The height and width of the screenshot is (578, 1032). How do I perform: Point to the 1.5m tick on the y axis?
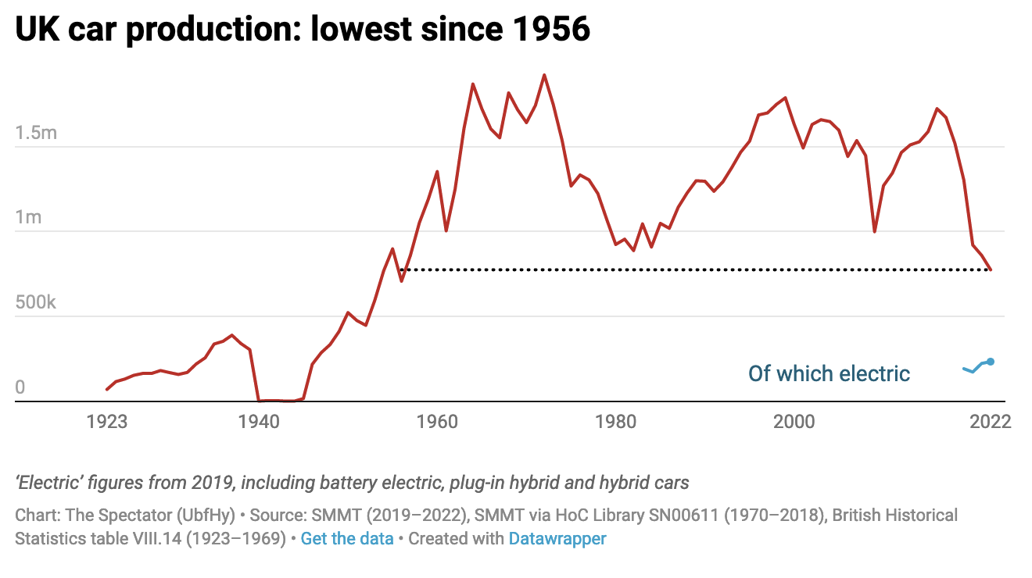(x=36, y=132)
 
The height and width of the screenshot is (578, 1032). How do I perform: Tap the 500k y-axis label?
(x=36, y=302)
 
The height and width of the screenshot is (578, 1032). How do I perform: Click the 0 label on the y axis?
(x=20, y=387)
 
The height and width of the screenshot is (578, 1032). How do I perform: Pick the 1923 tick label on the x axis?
(x=107, y=422)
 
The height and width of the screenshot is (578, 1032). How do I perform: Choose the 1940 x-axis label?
(x=259, y=422)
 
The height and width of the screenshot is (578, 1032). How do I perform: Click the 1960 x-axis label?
(x=437, y=422)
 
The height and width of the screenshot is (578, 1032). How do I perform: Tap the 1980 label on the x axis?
(x=615, y=422)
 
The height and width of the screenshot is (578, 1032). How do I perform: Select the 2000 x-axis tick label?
(x=794, y=422)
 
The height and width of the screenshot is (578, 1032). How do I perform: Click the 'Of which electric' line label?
(x=829, y=373)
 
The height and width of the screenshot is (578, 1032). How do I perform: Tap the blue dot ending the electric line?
(x=991, y=362)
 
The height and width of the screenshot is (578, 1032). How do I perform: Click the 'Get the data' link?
(x=347, y=539)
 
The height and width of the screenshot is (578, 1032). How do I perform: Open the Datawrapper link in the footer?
(x=557, y=539)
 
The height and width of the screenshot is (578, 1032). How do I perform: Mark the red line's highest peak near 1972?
(x=544, y=75)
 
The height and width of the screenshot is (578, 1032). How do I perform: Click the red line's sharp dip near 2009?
(x=875, y=231)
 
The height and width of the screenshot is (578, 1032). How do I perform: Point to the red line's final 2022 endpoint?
(x=991, y=269)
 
